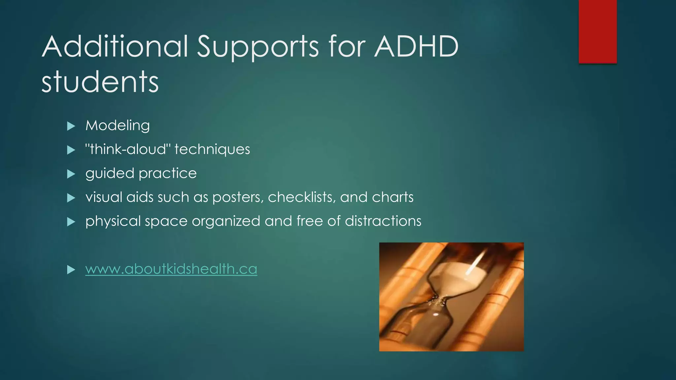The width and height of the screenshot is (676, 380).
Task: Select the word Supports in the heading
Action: click(258, 47)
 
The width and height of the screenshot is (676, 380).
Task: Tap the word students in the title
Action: click(100, 81)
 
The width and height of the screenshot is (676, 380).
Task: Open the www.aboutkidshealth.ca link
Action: click(171, 269)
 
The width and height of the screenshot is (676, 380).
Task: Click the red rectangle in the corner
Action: click(597, 31)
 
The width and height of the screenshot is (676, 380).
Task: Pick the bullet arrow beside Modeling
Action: click(71, 126)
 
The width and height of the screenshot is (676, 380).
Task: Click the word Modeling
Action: click(118, 126)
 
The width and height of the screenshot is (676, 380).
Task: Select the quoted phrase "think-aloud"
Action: click(128, 149)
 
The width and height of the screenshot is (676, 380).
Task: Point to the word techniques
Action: click(212, 149)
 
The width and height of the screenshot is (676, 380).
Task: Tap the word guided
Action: click(110, 174)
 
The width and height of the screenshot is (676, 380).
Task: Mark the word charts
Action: click(392, 197)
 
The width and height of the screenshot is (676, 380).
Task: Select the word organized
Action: click(226, 221)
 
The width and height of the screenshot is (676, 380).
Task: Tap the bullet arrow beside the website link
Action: click(71, 270)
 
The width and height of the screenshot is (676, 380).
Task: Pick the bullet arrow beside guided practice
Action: click(71, 174)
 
